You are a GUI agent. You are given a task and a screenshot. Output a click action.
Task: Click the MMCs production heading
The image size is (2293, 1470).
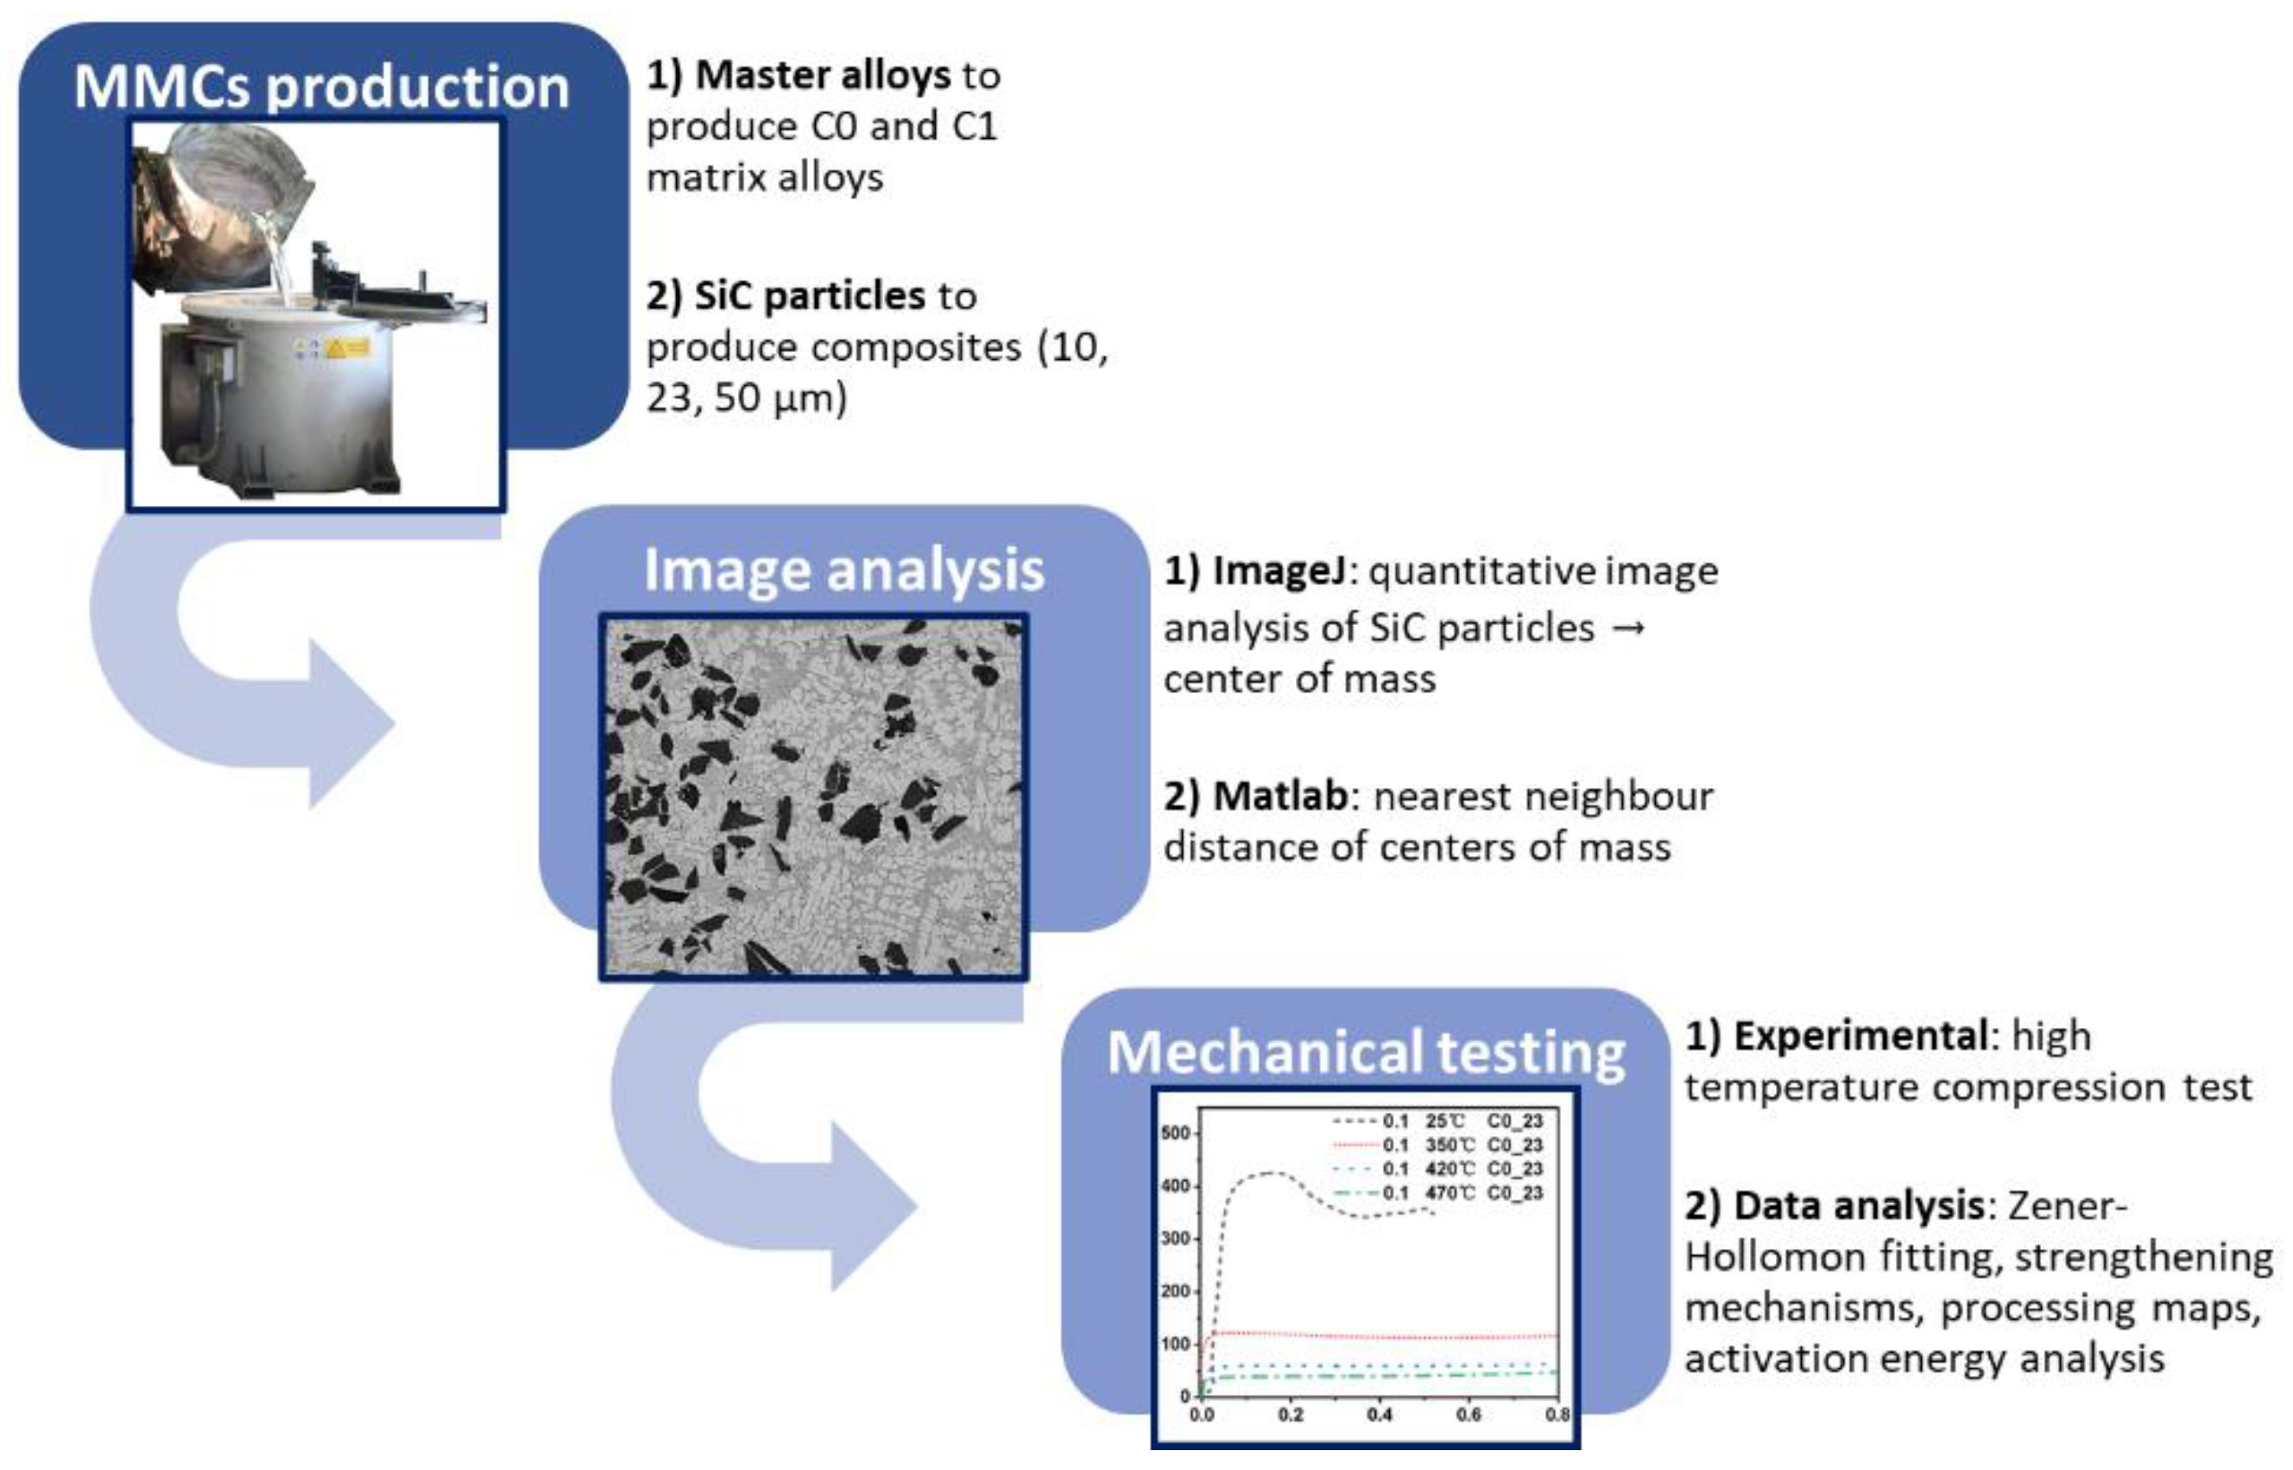[322, 87]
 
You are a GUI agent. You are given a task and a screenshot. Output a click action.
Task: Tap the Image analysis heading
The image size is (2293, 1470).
[843, 570]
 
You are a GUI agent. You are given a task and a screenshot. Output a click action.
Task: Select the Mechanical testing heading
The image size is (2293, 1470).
[1366, 1053]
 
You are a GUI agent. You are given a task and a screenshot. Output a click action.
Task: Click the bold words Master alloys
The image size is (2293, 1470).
[823, 75]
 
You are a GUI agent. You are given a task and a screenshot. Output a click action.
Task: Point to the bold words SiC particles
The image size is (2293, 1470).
[810, 296]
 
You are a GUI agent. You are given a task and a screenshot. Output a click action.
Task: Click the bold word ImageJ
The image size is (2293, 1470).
[1279, 571]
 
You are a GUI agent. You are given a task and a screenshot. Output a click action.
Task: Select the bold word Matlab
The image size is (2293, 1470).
[1280, 796]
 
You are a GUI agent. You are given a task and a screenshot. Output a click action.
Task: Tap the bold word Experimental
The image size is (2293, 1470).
[1860, 1036]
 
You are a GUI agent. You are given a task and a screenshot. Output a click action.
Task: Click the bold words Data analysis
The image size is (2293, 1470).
[1859, 1206]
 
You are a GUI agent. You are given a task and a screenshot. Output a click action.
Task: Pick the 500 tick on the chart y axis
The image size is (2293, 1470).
[1175, 1133]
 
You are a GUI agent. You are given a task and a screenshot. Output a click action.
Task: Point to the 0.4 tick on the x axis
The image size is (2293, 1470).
[1380, 1415]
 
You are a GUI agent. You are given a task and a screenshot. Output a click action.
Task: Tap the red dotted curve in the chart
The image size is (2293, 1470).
[1384, 1336]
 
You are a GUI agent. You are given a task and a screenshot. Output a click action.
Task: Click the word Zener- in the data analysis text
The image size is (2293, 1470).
[2068, 1206]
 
